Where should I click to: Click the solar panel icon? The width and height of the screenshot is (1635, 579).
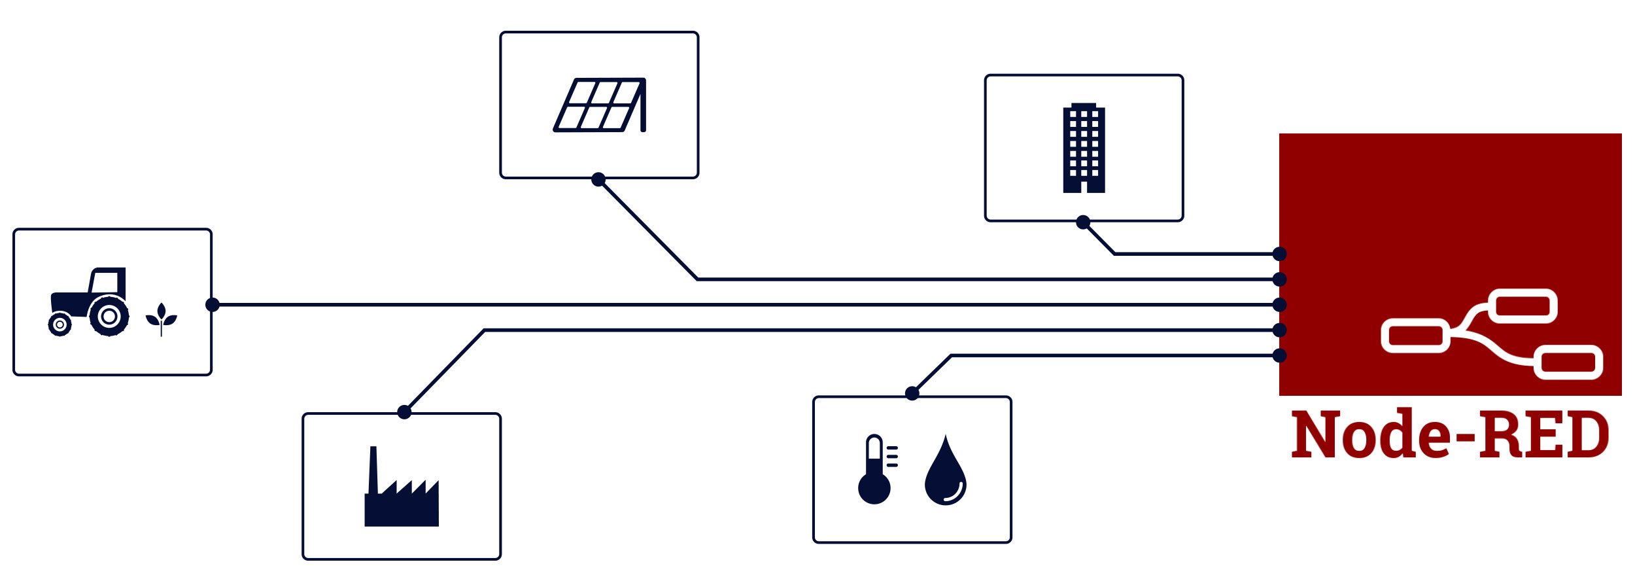coord(600,105)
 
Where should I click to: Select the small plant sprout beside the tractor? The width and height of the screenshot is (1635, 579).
coord(161,319)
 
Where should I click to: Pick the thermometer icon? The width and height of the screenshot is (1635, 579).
coord(875,469)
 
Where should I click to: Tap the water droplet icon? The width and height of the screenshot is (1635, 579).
coord(945,472)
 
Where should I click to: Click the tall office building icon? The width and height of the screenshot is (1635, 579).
coord(1084,148)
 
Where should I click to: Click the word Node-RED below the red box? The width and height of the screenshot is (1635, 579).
coord(1450,434)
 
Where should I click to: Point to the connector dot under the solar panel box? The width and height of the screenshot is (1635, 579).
coord(598,179)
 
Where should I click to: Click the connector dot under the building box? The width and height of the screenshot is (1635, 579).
coord(1083,222)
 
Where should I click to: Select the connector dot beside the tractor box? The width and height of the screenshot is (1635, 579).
coord(213,305)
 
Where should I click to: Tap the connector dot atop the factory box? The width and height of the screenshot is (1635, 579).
coord(404,412)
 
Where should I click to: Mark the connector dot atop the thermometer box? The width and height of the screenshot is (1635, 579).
coord(912,393)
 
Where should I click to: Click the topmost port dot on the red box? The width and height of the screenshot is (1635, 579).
coord(1280,254)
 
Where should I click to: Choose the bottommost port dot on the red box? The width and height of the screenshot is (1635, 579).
coord(1280,355)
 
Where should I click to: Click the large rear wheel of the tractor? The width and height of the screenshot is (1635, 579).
coord(109,317)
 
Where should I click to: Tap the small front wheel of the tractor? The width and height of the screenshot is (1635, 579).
coord(60,325)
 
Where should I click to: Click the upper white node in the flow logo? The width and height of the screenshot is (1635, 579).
coord(1523,306)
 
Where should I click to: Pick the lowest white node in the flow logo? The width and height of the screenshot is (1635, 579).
coord(1568,362)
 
